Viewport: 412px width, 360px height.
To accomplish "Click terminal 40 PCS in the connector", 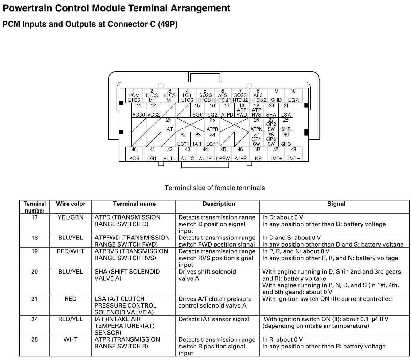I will tap(134, 154).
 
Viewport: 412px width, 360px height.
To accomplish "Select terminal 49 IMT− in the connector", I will tap(293, 154).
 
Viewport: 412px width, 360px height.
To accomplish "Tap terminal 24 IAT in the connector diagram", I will tap(169, 125).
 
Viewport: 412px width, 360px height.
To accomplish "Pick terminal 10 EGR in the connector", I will tap(293, 95).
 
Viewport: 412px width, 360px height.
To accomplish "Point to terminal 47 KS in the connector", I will tap(258, 154).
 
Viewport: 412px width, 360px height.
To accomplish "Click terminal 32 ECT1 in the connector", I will tap(183, 139).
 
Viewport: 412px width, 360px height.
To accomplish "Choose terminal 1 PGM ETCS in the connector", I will tap(134, 95).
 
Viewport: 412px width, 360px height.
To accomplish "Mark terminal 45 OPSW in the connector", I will tap(223, 154).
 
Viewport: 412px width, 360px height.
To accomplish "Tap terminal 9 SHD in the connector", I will tap(276, 95).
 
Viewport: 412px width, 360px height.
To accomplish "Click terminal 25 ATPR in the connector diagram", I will tap(212, 125).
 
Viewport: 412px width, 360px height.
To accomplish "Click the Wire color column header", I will tap(71, 204).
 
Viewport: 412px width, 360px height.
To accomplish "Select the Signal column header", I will tap(336, 204).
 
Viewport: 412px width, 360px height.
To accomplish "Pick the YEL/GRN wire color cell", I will tap(71, 217).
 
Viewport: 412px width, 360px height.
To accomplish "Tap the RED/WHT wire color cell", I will tap(71, 251).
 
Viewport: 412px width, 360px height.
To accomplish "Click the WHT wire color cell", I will tap(71, 339).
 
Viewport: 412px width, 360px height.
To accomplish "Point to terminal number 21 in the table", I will tap(35, 299).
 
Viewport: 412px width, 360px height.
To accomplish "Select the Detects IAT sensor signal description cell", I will tap(214, 319).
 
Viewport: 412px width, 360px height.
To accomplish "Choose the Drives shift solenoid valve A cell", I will tap(207, 275).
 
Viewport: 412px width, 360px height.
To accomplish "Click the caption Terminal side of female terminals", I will tap(215, 188).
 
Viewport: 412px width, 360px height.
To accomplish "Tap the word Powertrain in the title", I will tap(27, 8).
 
